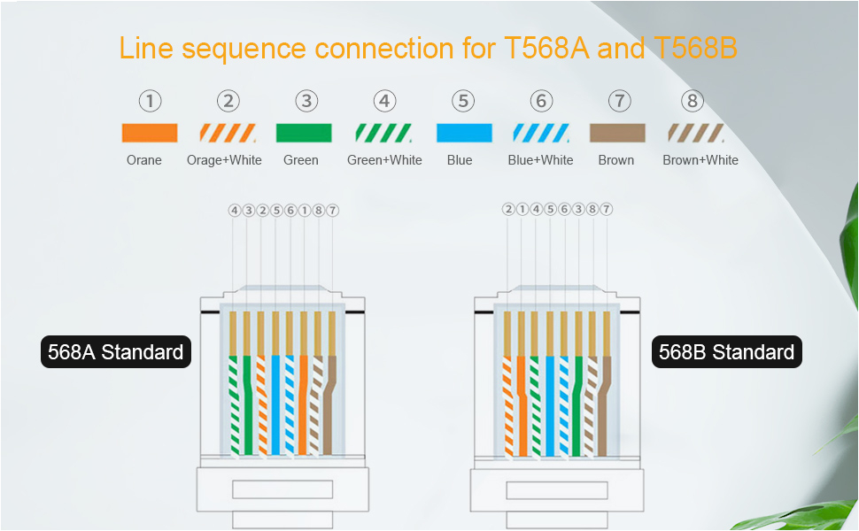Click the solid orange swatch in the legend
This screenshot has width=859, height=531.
150,134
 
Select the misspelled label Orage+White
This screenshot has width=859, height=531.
224,160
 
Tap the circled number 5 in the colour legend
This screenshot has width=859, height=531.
463,102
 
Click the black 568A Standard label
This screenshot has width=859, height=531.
116,352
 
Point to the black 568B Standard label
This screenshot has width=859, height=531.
726,352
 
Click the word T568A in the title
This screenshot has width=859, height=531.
541,48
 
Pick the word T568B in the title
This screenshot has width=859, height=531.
693,48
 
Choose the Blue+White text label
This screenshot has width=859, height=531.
540,160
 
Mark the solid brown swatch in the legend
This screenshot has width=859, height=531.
617,134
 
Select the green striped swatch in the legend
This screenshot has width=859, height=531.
383,134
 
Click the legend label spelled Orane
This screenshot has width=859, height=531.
144,160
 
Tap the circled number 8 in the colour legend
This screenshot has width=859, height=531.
693,102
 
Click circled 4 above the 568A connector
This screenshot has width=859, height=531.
234,211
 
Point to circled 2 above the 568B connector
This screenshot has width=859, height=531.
507,210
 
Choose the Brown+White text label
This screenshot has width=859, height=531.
700,160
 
